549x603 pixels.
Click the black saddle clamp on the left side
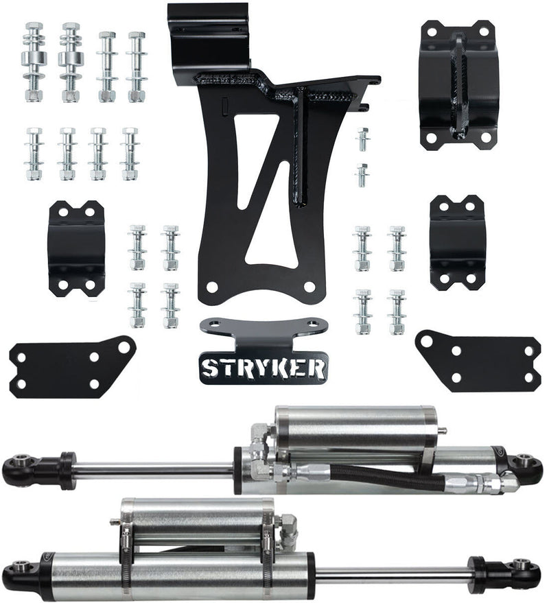76,248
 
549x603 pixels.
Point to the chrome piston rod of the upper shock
154,470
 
